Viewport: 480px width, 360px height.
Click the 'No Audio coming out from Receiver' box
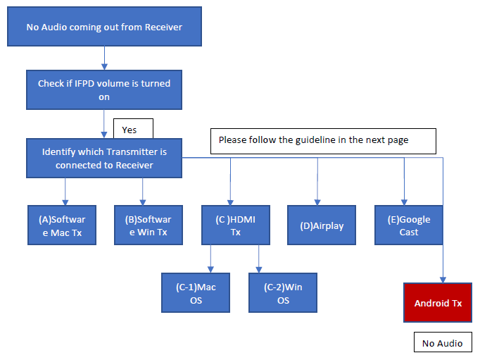pyautogui.click(x=104, y=27)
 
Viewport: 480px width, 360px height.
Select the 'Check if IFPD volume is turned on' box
pyautogui.click(x=104, y=89)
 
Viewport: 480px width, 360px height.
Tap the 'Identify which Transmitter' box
pyautogui.click(x=104, y=159)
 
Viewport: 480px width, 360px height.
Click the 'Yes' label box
pyautogui.click(x=133, y=130)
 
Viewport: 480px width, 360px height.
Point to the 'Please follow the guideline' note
pyautogui.click(x=324, y=140)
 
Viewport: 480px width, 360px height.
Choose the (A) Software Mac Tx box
pyautogui.click(x=65, y=225)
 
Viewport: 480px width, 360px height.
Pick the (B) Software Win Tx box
pyautogui.click(x=143, y=225)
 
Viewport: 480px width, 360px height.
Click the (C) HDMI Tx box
pyautogui.click(x=230, y=225)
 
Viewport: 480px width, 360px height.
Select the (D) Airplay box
pyautogui.click(x=317, y=225)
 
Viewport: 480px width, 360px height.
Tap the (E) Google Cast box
pyautogui.click(x=404, y=225)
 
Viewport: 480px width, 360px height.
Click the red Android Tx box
pyautogui.click(x=438, y=303)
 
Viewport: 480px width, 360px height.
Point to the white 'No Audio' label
pyautogui.click(x=442, y=343)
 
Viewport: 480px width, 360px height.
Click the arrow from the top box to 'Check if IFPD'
pyautogui.click(x=104, y=58)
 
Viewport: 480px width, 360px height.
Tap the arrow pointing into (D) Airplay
pyautogui.click(x=317, y=183)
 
